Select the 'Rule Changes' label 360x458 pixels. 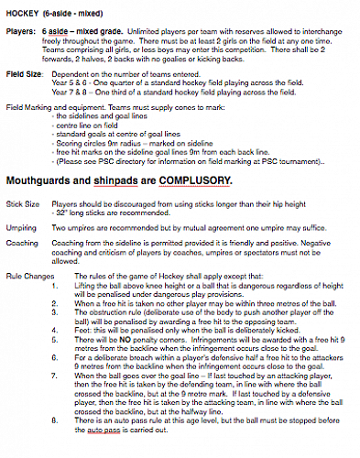pos(27,275)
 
